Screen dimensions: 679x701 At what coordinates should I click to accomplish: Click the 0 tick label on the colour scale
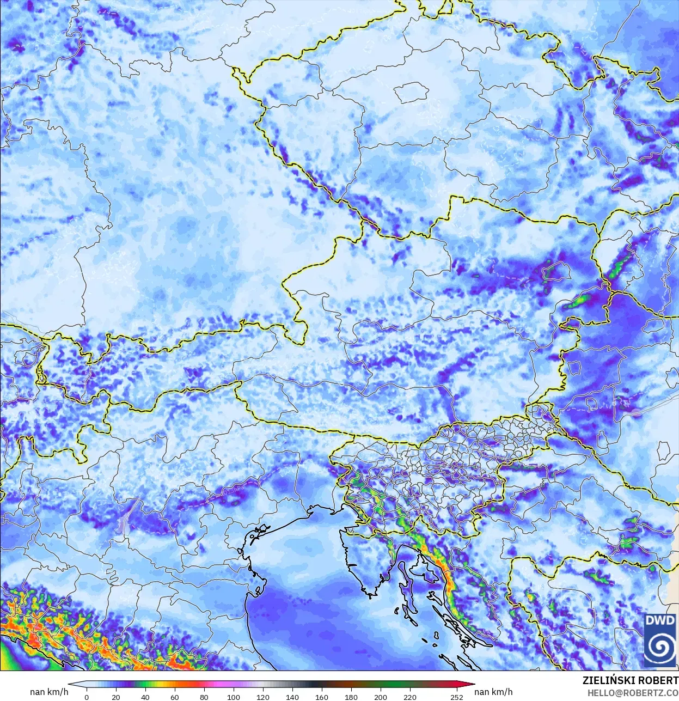87,697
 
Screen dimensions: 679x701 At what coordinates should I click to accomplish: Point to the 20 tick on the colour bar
116,697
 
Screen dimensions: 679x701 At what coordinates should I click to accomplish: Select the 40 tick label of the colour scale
145,697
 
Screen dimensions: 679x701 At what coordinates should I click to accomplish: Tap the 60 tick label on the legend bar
175,697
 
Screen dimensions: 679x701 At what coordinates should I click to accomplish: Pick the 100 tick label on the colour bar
234,697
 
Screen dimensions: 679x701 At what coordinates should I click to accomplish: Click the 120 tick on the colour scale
263,697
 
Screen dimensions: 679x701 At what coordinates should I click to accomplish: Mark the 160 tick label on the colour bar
322,697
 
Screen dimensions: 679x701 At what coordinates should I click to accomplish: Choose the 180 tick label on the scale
351,697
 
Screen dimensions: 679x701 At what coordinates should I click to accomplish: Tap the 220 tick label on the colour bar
410,697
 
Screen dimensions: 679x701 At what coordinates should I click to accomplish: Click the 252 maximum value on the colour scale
457,697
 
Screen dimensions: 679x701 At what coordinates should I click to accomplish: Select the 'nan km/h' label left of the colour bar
49,692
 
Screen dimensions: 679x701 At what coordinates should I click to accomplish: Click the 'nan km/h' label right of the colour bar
493,692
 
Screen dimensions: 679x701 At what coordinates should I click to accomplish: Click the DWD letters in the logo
660,620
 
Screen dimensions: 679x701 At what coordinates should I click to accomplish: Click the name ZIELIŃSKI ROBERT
630,680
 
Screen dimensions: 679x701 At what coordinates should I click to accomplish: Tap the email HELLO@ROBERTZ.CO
632,692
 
